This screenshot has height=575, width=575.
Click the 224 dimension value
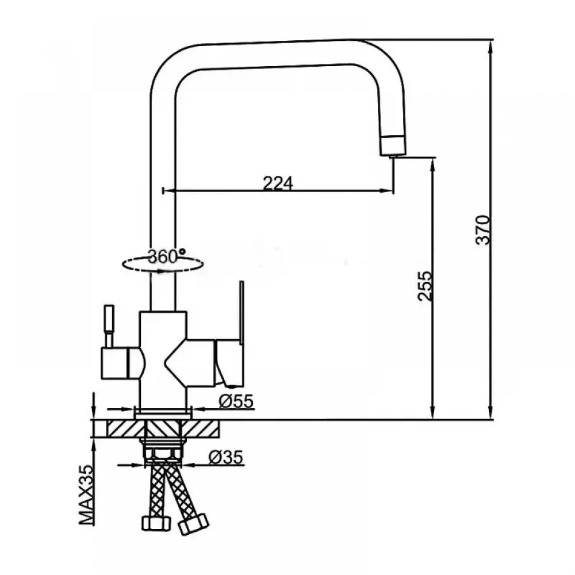tap(278, 183)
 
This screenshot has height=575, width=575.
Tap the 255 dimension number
tap(425, 286)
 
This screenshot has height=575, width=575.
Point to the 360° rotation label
tap(167, 256)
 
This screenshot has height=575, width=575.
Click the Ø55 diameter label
tap(236, 401)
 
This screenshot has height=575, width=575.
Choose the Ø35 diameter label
tap(226, 457)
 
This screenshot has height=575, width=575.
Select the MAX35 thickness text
tap(87, 496)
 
